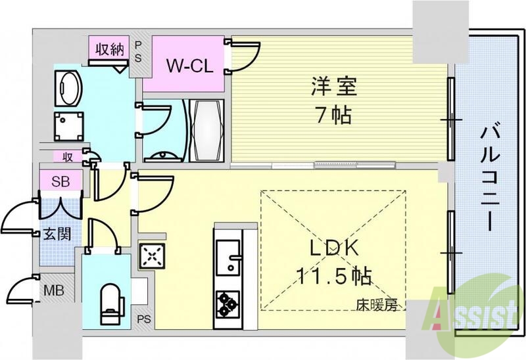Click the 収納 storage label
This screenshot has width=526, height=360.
click(110, 50)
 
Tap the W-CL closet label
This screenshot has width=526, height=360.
click(187, 66)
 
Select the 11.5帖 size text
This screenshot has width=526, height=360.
click(333, 274)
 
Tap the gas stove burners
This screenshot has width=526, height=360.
click(227, 303)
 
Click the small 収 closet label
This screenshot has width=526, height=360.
click(68, 156)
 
